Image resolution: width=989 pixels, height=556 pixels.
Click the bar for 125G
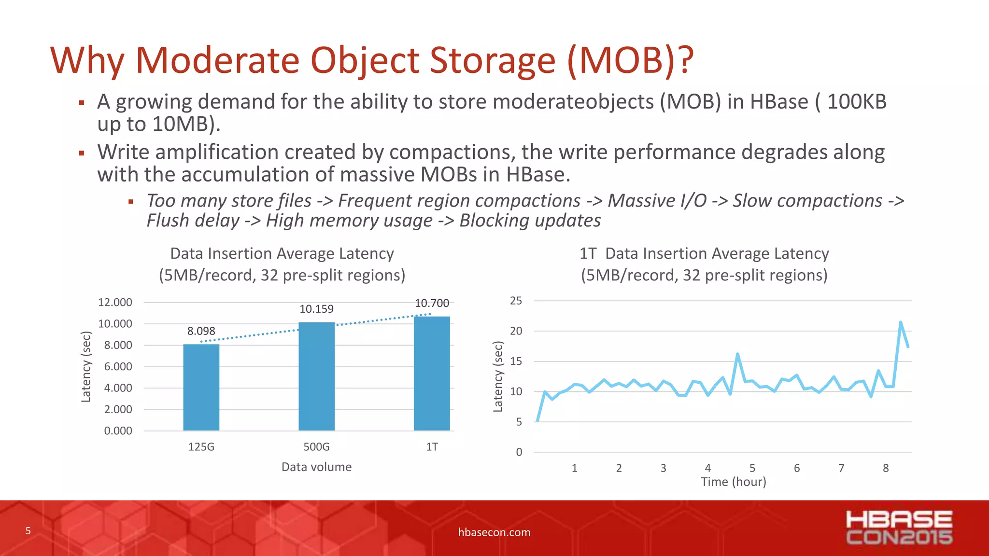(201, 387)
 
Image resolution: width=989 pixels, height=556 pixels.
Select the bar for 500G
(316, 376)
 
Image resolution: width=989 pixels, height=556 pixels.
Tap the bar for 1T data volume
(432, 374)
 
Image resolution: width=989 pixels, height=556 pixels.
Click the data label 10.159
(316, 309)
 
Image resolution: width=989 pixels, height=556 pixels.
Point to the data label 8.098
(201, 331)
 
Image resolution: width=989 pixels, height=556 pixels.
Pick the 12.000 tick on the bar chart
(115, 303)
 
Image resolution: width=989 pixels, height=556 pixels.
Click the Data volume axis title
(316, 467)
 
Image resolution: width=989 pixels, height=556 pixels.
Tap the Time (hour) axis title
(733, 482)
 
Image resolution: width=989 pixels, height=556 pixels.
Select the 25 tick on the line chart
(516, 301)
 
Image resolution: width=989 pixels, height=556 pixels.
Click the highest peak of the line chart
(901, 322)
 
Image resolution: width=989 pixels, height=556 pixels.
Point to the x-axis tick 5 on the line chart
(752, 468)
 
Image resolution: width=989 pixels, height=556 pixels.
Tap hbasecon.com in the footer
(494, 532)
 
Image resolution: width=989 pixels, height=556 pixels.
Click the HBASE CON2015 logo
(899, 528)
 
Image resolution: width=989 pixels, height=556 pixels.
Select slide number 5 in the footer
(28, 531)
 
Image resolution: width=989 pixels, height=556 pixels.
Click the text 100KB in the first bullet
(857, 102)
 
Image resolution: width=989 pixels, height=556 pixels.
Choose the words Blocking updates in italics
(530, 221)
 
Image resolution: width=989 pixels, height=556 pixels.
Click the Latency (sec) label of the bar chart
(86, 367)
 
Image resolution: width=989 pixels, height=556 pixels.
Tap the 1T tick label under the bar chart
(432, 447)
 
